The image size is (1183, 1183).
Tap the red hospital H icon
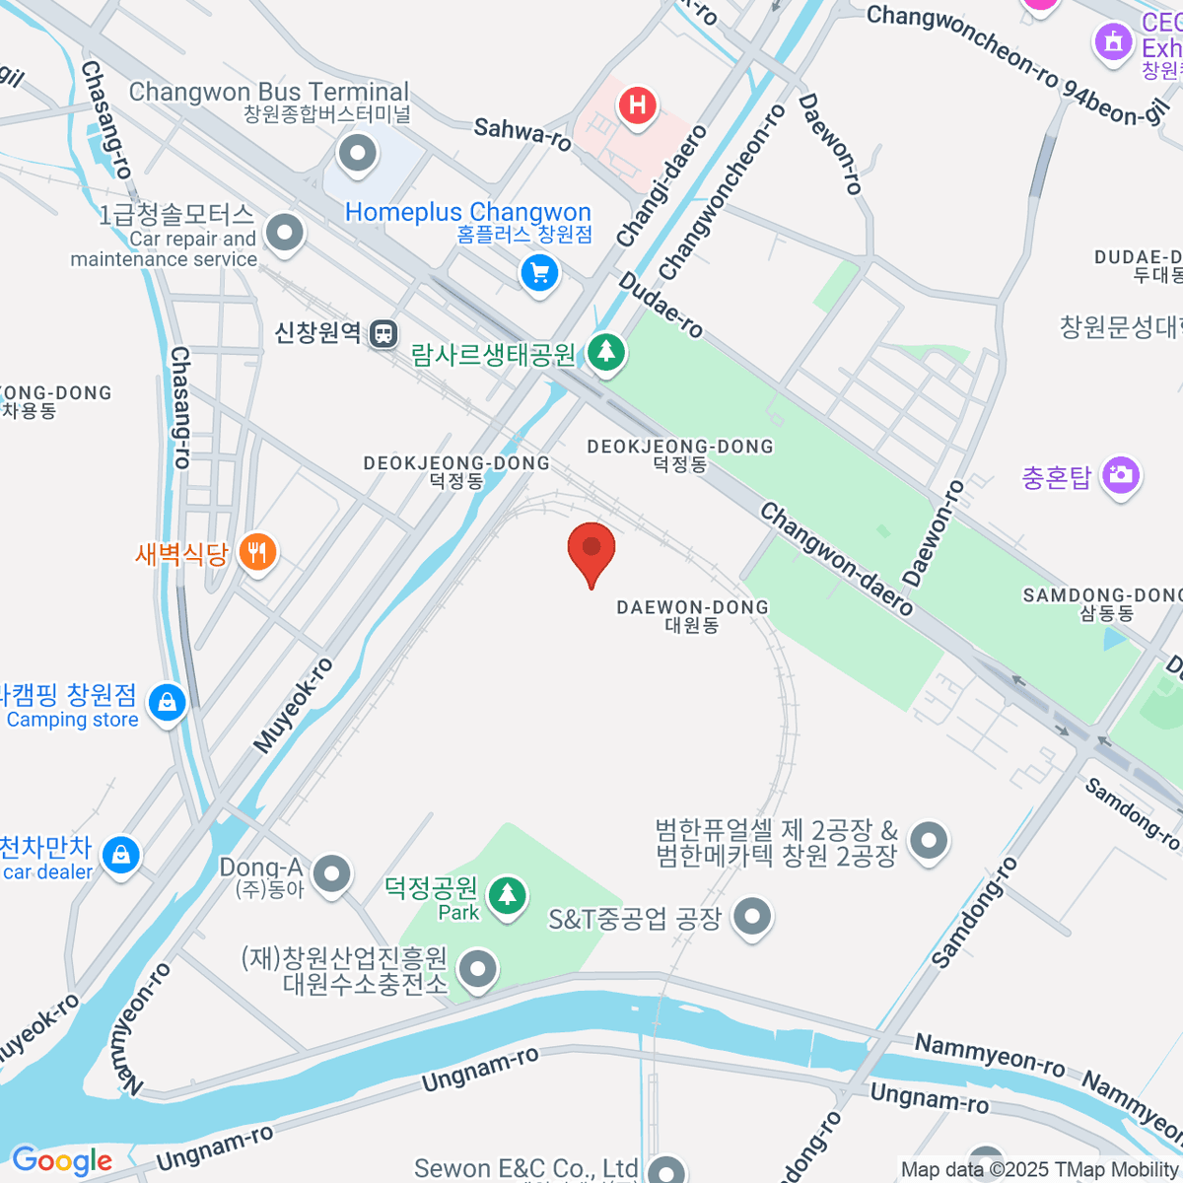point(638,104)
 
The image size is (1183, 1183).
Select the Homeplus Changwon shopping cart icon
point(539,273)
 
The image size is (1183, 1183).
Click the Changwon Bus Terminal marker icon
point(357,153)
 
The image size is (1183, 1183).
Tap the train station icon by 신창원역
point(383,333)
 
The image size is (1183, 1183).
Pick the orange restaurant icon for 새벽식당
point(257,552)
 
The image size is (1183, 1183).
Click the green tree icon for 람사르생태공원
point(606,351)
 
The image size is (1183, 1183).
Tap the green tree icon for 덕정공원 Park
point(508,895)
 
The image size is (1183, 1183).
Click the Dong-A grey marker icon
point(332,872)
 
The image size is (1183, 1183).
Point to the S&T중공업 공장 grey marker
point(752,917)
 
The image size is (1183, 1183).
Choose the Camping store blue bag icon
point(168,703)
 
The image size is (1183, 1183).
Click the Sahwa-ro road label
point(522,133)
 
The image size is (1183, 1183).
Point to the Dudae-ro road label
point(661,305)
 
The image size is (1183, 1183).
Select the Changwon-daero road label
point(836,558)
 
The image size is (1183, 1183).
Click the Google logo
point(61,1160)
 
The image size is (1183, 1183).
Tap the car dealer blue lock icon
point(121,854)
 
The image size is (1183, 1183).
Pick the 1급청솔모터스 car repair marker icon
point(286,234)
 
